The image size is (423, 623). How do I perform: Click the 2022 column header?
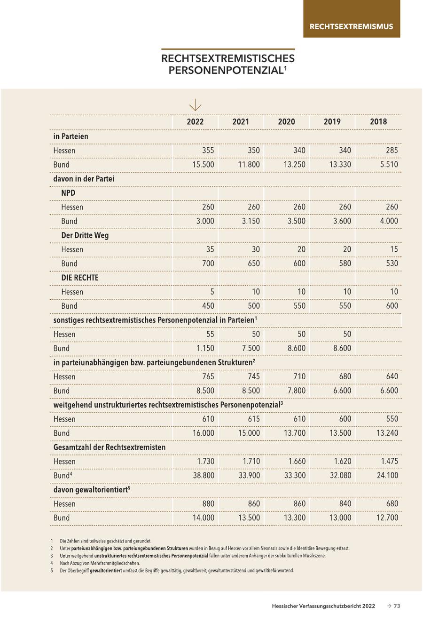click(195, 122)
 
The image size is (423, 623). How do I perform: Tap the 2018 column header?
click(378, 122)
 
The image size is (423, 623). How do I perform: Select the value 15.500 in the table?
click(203, 165)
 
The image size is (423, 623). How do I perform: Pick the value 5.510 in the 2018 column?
click(388, 165)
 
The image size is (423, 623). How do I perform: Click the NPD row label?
click(68, 193)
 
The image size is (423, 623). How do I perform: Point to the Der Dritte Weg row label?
click(85, 235)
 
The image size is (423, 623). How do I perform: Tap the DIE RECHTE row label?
click(80, 278)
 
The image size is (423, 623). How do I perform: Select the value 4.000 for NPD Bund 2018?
click(388, 221)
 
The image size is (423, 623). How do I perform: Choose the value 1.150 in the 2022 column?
click(204, 348)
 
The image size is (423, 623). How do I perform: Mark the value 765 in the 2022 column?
click(207, 376)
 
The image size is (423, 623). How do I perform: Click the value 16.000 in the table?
click(203, 433)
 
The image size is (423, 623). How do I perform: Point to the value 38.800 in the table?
click(203, 475)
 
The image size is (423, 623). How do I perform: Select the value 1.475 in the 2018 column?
click(388, 461)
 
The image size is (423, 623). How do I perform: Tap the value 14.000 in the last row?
click(203, 518)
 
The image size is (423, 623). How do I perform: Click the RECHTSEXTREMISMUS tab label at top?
click(351, 26)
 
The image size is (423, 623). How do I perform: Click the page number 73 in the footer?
click(397, 606)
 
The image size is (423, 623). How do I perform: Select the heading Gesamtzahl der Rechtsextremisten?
click(110, 447)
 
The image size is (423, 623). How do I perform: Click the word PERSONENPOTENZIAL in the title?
click(226, 70)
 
